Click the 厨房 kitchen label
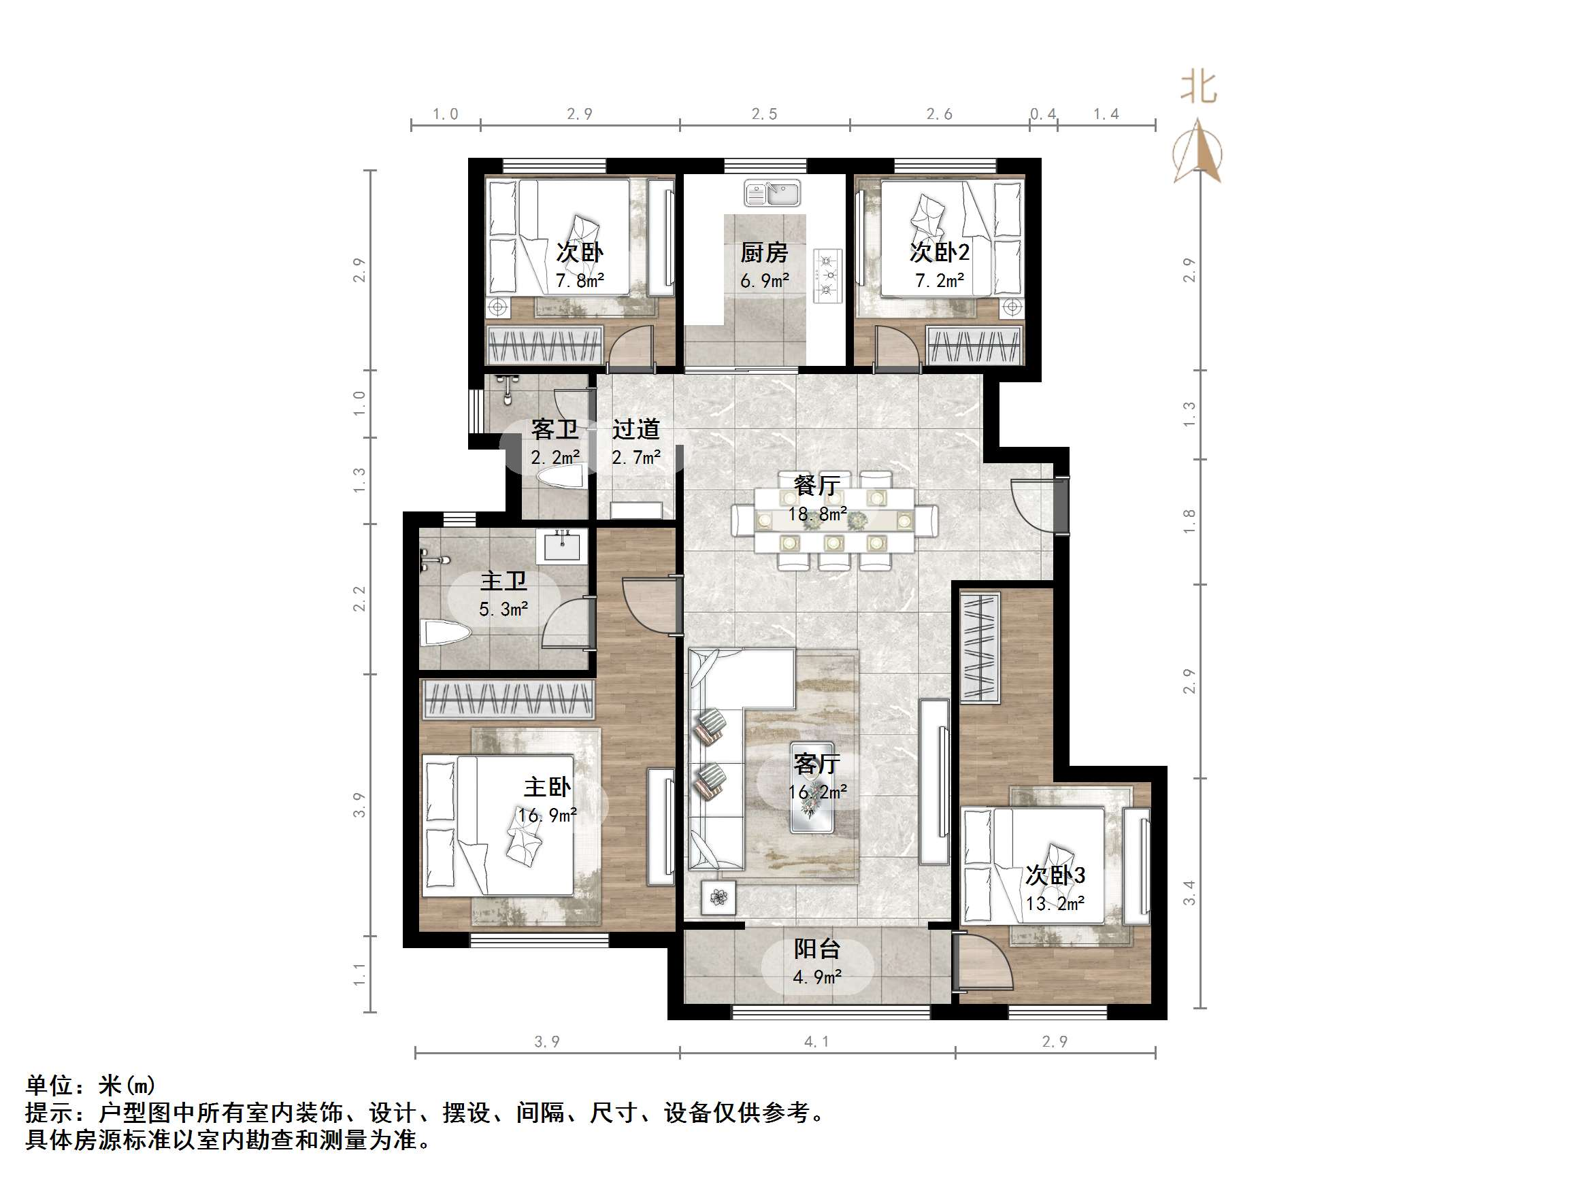coord(764,252)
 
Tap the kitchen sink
coord(772,192)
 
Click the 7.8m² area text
coord(580,280)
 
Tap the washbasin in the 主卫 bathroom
coord(562,547)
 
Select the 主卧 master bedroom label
coord(547,787)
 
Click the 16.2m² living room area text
coord(817,792)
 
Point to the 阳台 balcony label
coord(816,949)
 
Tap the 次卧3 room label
coord(1055,875)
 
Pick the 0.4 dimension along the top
coord(1042,114)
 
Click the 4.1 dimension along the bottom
coord(816,1042)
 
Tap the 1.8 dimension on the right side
coord(1189,522)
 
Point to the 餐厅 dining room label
coord(816,486)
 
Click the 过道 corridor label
coord(635,429)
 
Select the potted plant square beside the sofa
coord(718,898)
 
